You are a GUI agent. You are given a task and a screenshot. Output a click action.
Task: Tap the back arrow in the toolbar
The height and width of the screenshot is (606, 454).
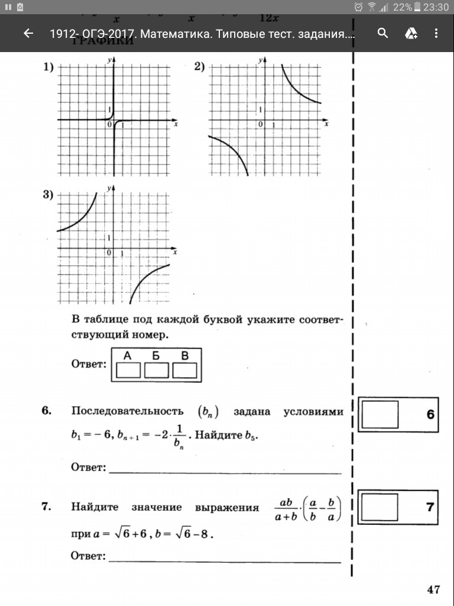tap(28, 34)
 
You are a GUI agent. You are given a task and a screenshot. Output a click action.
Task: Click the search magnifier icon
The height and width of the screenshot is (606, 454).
tap(383, 33)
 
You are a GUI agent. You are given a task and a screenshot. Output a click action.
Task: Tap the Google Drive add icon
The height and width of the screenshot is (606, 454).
tap(411, 34)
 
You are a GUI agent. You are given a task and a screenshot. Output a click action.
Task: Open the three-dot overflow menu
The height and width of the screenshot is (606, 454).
tap(437, 34)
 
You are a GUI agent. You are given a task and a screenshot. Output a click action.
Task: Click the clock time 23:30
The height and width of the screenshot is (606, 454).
tap(436, 7)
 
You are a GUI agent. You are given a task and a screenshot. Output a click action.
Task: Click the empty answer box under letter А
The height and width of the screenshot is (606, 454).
tap(129, 370)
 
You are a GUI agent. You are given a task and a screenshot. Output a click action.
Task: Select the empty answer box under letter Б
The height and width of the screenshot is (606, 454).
tap(157, 370)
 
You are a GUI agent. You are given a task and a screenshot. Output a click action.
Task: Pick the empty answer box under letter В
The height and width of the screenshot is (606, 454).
tap(184, 370)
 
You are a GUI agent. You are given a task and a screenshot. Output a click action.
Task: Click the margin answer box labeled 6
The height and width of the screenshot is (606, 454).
tap(380, 414)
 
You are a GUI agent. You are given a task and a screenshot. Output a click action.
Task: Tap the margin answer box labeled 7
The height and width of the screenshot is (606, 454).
tap(380, 507)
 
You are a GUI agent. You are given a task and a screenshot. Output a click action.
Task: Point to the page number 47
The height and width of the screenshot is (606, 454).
tap(433, 589)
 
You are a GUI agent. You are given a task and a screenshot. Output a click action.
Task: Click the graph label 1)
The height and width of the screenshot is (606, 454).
tap(48, 67)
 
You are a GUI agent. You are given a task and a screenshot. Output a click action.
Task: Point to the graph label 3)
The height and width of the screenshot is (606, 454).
tap(48, 195)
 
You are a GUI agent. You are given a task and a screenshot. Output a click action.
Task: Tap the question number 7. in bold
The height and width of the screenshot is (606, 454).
tap(47, 507)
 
